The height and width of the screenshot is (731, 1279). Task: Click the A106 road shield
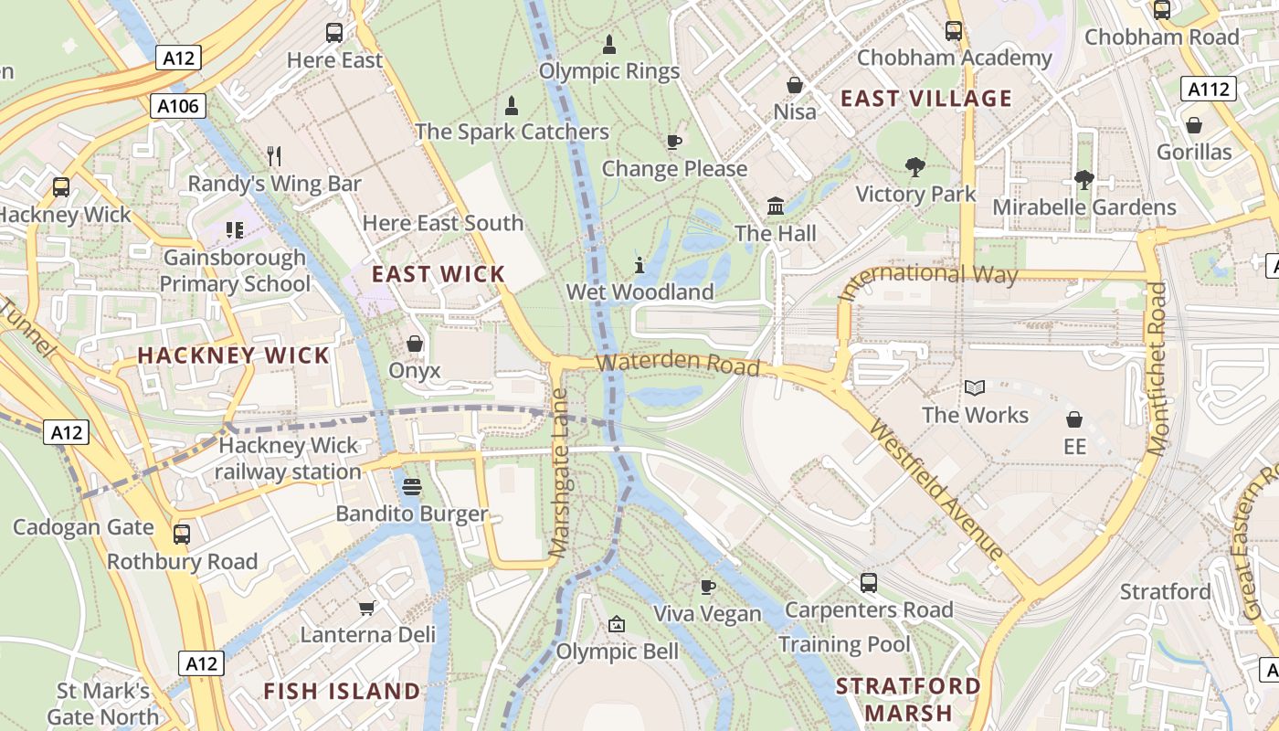178,106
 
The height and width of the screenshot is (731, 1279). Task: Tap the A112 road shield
1209,89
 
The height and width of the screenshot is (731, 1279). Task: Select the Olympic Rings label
609,71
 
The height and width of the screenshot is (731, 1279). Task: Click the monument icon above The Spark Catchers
512,105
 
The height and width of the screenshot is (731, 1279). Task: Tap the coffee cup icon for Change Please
673,142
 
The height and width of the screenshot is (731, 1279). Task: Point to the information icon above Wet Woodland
639,265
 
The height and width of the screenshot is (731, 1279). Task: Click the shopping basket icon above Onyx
415,344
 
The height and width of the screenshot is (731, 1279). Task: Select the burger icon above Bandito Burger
412,487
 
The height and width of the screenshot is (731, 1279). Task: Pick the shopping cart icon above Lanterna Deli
367,608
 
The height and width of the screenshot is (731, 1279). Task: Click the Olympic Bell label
618,652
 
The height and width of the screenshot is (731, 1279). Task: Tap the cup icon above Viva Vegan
707,587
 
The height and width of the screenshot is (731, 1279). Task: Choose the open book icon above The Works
975,387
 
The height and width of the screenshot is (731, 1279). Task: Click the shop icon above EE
1074,419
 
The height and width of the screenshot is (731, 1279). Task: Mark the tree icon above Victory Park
914,167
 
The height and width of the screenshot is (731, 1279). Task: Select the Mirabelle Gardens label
1084,207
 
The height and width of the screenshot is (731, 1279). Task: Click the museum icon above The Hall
776,206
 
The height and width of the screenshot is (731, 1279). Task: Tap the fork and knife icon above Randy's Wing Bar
274,156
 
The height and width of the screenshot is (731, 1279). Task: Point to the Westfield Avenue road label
936,490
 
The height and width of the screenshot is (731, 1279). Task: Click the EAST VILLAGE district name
926,99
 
